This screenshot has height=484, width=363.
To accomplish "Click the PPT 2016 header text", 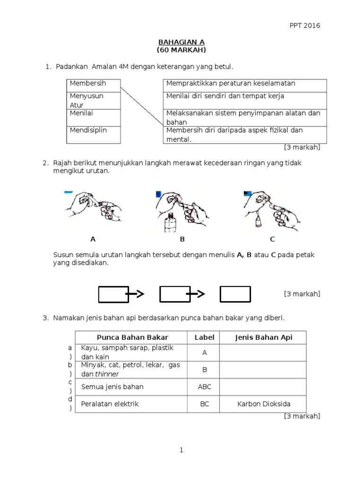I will click(304, 26).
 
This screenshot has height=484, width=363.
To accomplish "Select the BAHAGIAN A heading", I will click(181, 42).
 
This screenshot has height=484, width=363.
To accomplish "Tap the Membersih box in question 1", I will click(93, 84).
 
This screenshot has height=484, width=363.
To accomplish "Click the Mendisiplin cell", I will click(93, 135).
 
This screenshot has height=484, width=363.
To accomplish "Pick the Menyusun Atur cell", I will click(93, 100).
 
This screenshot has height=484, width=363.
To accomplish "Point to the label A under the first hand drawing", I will click(93, 239).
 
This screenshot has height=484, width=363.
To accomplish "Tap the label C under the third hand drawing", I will click(272, 239).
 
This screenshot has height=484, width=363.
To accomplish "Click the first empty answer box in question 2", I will click(113, 294).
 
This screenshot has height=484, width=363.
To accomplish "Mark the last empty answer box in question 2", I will click(235, 294).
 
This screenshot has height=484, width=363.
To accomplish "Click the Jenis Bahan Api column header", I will click(264, 337).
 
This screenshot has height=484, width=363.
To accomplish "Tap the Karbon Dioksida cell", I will click(264, 404).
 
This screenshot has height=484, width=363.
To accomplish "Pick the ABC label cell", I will click(205, 387).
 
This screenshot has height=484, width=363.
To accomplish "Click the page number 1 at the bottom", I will click(181, 450).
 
